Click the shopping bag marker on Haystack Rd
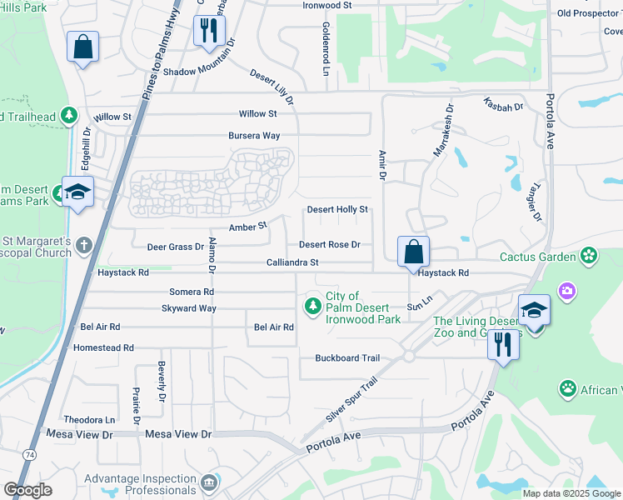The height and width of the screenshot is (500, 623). (x=413, y=251)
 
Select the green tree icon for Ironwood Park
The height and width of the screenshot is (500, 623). (x=313, y=307)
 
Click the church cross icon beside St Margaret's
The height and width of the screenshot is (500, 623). (x=82, y=245)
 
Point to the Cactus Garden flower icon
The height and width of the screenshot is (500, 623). (x=590, y=256)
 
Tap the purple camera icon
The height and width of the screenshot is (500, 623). (x=568, y=291)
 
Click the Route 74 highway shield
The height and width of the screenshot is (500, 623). (x=30, y=454)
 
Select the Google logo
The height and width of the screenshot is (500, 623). (x=27, y=490)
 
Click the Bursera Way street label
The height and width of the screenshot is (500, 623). (x=254, y=135)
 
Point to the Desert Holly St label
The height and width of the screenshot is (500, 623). (x=337, y=210)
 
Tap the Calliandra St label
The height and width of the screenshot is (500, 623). (x=292, y=262)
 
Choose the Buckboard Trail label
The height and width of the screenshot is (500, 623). (x=347, y=358)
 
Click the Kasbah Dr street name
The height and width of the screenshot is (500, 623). (x=502, y=106)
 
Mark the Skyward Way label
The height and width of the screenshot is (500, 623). (x=189, y=308)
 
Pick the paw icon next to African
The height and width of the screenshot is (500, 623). (x=567, y=388)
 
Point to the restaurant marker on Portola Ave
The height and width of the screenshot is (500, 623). (x=501, y=344)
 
